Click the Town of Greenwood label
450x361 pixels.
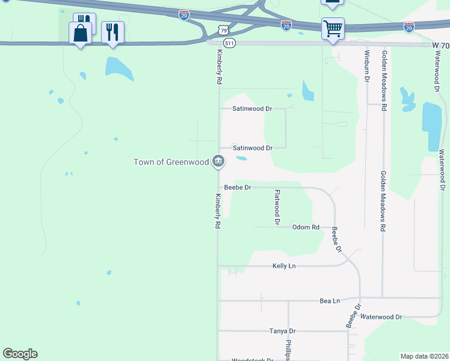[x=171, y=162]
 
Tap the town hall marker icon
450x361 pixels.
[x=218, y=161]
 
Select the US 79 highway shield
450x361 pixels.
[x=223, y=29]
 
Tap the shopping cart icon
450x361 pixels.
[x=332, y=28]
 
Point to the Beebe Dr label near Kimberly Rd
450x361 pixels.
[x=237, y=188]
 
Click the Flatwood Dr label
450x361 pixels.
[x=277, y=208]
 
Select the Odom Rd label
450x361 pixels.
[x=305, y=227]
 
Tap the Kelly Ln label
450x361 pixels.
[x=284, y=265]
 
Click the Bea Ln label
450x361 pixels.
[x=329, y=300]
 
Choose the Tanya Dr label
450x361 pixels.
[x=283, y=331]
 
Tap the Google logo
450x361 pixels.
[x=20, y=354]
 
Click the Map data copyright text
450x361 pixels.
[x=424, y=356]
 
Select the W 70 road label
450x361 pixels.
[x=440, y=45]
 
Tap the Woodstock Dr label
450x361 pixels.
[x=253, y=360]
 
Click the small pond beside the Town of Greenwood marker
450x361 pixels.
[x=241, y=159]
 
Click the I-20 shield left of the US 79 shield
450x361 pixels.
[x=184, y=14]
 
